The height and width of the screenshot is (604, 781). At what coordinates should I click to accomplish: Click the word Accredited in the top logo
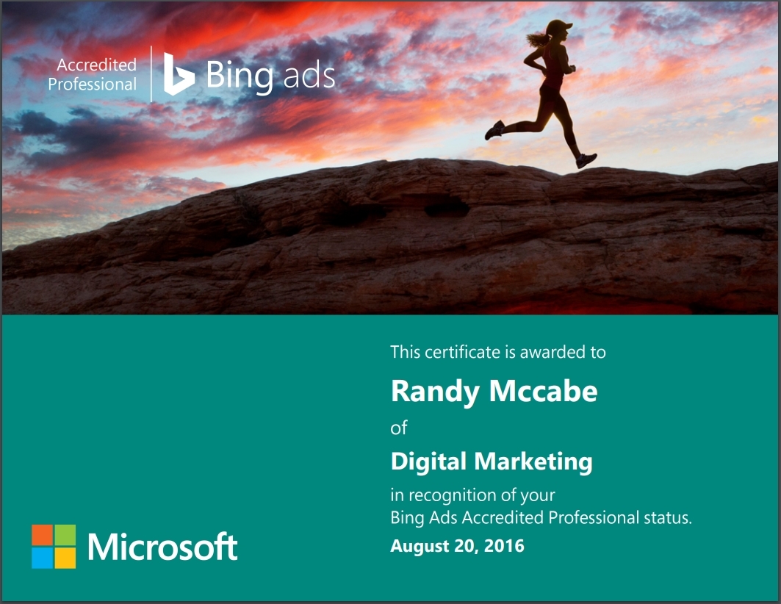[97, 65]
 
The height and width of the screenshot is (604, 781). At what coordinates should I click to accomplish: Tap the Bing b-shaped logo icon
[179, 74]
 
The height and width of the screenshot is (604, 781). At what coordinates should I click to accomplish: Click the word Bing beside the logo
[240, 76]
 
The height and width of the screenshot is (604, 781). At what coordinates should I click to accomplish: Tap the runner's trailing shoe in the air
[494, 130]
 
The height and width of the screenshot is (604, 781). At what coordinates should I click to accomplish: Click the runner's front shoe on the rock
[586, 160]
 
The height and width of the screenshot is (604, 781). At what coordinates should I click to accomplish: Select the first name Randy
[435, 392]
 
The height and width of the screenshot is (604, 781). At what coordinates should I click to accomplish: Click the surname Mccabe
[544, 391]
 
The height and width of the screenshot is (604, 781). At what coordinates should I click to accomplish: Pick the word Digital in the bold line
[428, 461]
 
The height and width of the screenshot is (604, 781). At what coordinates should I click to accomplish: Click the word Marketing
[533, 461]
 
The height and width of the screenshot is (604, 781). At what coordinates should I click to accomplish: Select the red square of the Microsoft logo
[43, 535]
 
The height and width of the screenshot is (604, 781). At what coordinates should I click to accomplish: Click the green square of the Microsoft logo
[65, 535]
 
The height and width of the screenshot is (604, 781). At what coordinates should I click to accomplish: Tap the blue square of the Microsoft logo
[43, 558]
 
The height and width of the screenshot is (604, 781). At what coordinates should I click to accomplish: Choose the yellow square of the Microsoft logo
[65, 558]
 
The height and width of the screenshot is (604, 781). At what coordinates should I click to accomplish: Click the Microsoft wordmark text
[162, 547]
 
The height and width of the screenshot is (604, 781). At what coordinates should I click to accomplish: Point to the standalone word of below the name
[399, 428]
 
